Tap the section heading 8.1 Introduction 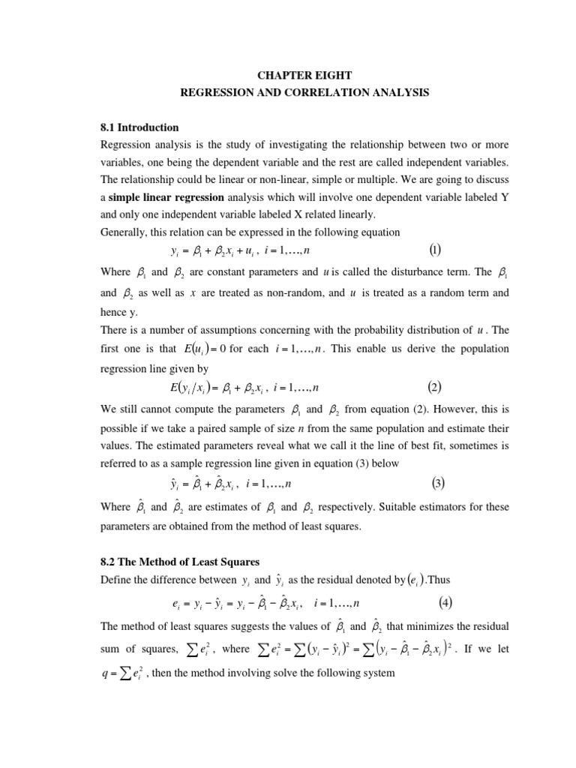[139, 127]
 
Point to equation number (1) [435, 249]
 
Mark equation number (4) [445, 601]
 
